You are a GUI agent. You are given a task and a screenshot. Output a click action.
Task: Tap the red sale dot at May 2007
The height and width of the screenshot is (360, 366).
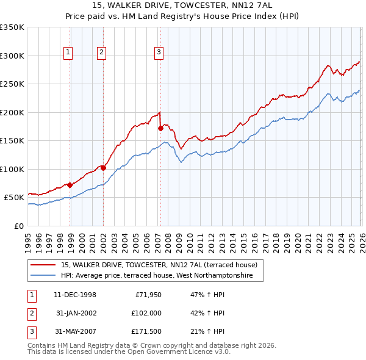(x=161, y=129)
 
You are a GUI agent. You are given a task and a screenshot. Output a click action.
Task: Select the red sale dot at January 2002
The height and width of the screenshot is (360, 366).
(x=103, y=168)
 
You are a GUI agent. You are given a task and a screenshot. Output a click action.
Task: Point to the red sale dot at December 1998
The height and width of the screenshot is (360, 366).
(x=70, y=185)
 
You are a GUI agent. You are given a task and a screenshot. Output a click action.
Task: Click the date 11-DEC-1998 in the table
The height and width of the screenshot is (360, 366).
(x=75, y=295)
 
